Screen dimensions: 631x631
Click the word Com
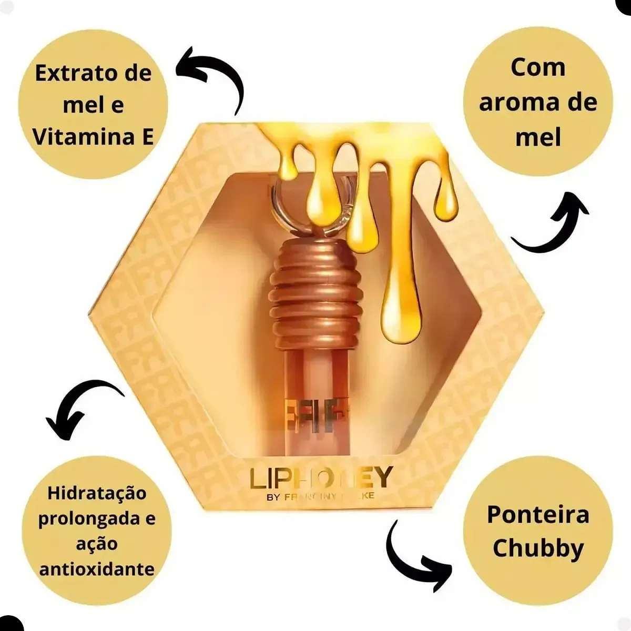coord(537,67)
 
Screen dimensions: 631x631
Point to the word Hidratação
coord(97,494)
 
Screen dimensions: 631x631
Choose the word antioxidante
coord(97,568)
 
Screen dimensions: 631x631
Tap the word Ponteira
coord(537,514)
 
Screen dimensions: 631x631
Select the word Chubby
coord(538,548)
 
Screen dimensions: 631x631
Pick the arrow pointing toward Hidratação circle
coord(79,405)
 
